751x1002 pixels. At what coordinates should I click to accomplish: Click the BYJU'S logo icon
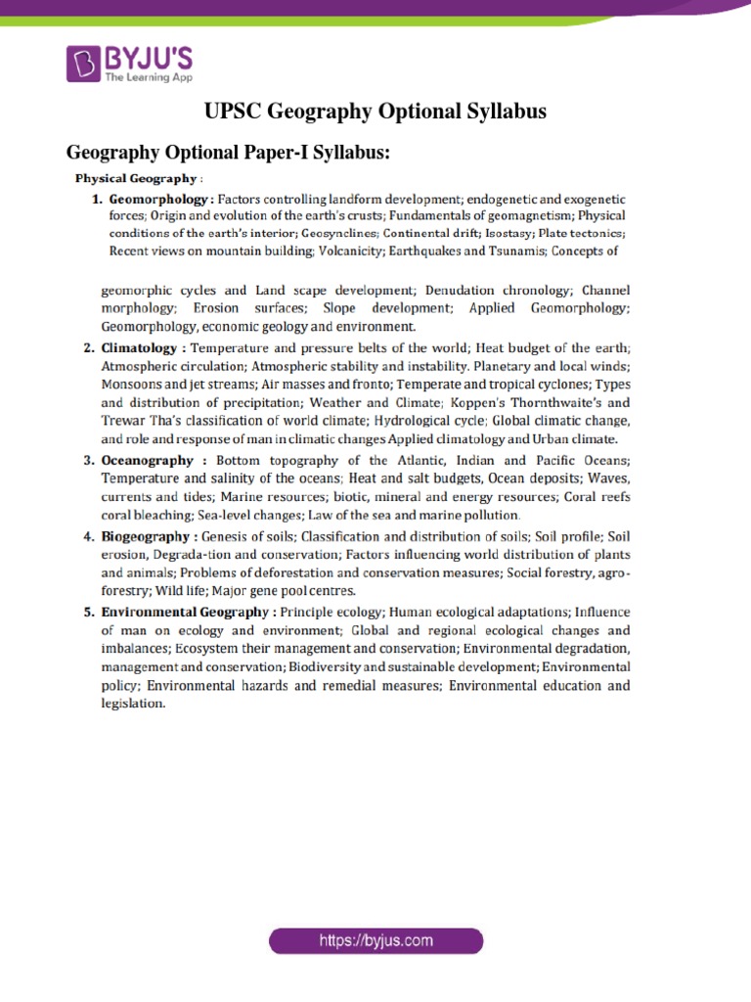click(83, 63)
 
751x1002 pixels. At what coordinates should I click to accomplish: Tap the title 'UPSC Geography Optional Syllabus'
click(375, 112)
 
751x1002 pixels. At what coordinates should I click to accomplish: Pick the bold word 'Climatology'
click(143, 347)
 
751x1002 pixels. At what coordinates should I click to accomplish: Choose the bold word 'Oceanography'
click(153, 460)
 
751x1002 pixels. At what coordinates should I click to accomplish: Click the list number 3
click(88, 460)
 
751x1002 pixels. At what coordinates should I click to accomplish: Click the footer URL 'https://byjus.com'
click(375, 941)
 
